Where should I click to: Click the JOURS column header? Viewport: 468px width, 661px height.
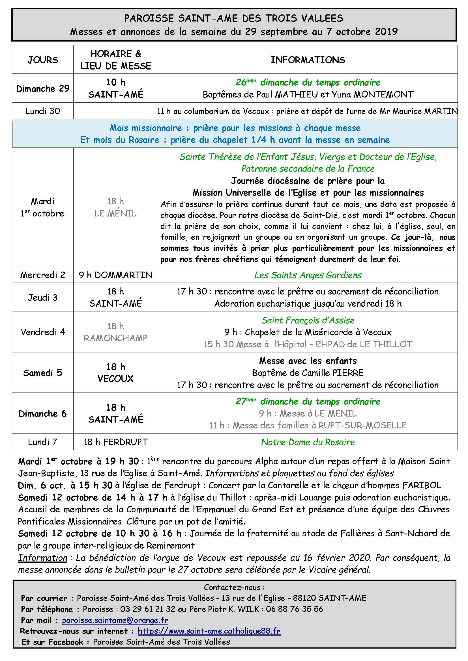(x=43, y=60)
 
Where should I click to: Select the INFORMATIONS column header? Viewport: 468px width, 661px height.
(x=308, y=60)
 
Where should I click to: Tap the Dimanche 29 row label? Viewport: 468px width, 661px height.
(x=43, y=88)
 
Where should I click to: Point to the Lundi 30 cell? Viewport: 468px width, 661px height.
(x=43, y=111)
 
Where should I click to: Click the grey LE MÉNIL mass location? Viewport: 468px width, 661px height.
(x=115, y=213)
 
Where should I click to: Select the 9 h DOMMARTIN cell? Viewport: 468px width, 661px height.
(x=115, y=275)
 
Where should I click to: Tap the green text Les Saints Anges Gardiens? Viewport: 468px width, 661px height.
(x=308, y=275)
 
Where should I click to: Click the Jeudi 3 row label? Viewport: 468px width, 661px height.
(x=43, y=297)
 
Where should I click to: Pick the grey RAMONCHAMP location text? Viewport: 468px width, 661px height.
(x=115, y=338)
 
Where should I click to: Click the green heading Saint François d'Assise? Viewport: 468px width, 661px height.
(x=308, y=320)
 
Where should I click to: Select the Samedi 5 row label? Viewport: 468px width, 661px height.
(x=43, y=373)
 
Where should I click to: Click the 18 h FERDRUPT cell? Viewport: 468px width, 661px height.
(x=115, y=442)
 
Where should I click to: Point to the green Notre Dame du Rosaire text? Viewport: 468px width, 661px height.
(x=308, y=442)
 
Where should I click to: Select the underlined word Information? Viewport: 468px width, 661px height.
(x=42, y=558)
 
